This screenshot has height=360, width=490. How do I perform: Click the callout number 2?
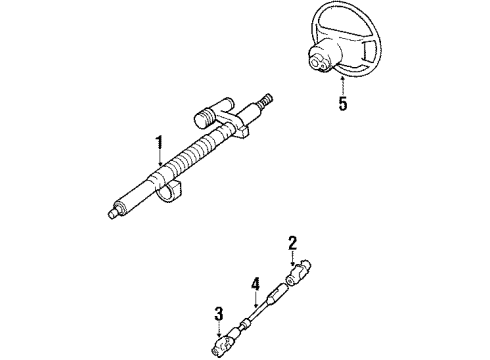click(292, 241)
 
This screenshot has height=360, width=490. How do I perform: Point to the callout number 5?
click(343, 103)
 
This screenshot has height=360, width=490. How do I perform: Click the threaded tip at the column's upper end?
click(266, 100)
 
